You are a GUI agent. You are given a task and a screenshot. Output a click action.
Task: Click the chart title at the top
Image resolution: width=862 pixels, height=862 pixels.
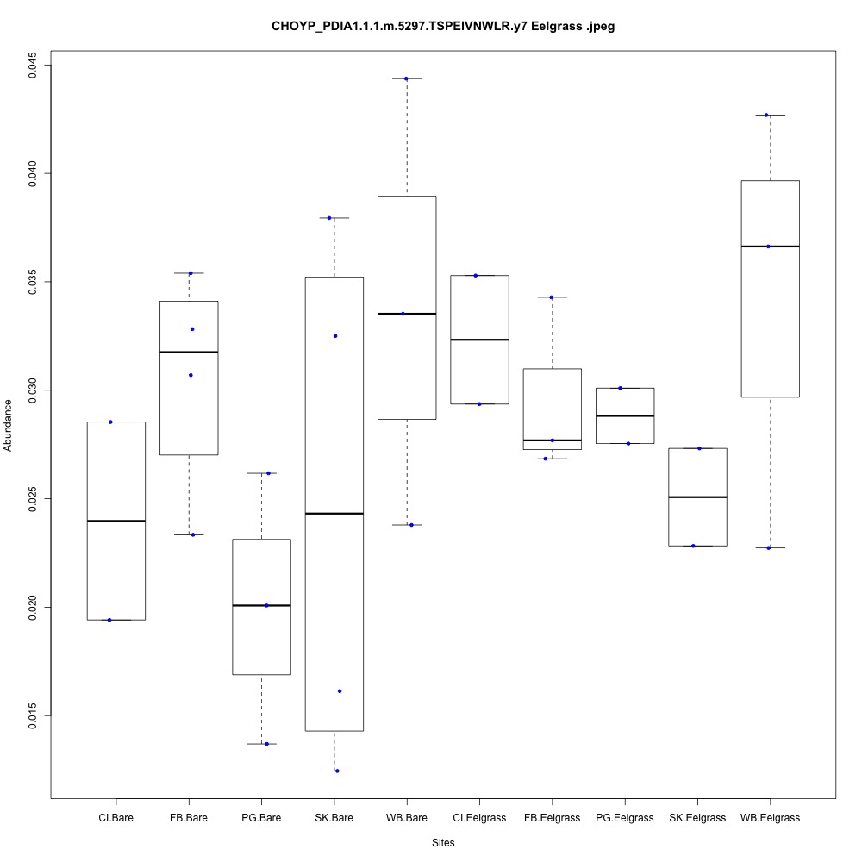(442, 27)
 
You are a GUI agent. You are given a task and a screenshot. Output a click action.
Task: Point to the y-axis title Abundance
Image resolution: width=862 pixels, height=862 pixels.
(9, 425)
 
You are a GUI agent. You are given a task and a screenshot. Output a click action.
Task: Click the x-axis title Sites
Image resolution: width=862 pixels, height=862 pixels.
(442, 842)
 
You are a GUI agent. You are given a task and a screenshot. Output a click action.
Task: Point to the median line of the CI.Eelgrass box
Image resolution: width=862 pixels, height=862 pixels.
(479, 340)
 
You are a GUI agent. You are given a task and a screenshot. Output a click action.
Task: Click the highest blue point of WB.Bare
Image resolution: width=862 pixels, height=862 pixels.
(406, 78)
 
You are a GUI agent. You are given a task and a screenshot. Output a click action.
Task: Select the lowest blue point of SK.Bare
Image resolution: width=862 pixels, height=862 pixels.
(337, 771)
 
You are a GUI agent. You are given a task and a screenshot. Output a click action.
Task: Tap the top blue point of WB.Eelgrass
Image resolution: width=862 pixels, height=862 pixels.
(766, 115)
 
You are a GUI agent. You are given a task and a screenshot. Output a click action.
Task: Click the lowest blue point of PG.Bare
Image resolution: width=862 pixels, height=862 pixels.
(266, 744)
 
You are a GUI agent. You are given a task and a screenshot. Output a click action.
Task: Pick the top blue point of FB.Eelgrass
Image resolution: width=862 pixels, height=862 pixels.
(551, 297)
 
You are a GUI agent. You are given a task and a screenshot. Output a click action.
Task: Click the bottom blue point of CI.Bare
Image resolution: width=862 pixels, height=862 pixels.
(109, 620)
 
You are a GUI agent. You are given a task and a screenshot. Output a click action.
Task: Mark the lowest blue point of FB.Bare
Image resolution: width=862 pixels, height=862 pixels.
(192, 534)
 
